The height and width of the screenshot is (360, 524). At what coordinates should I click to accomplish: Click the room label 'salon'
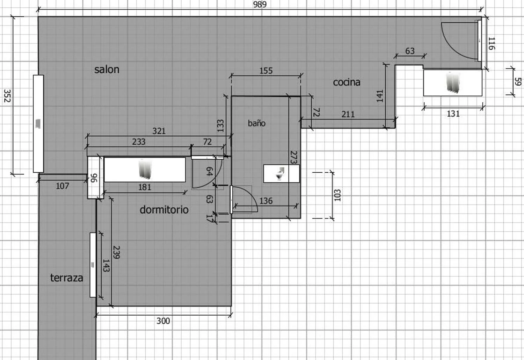(x=107, y=70)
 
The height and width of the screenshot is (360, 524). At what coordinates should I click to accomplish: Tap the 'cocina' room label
(x=347, y=82)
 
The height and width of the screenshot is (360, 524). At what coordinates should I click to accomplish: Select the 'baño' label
(x=257, y=123)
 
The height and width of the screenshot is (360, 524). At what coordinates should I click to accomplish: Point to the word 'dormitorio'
(x=164, y=210)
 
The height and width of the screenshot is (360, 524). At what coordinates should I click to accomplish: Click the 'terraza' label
(x=67, y=278)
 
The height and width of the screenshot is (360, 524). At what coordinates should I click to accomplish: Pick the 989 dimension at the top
(x=260, y=5)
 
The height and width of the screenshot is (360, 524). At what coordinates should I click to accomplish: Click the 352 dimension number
(x=7, y=95)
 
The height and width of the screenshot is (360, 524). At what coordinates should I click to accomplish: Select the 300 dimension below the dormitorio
(x=163, y=321)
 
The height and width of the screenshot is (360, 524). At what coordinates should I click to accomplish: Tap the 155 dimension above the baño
(x=266, y=71)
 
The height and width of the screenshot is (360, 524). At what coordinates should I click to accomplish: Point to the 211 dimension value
(x=348, y=114)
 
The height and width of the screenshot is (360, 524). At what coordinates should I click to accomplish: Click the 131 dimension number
(x=453, y=114)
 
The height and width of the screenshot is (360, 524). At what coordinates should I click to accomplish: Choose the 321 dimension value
(x=159, y=131)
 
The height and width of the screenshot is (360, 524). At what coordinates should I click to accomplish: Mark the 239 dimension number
(x=116, y=252)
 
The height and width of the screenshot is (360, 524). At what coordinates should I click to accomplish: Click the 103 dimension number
(x=337, y=195)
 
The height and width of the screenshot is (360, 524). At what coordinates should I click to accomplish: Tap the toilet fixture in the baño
(x=280, y=173)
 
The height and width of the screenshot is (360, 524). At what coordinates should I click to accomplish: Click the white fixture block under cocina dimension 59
(x=453, y=82)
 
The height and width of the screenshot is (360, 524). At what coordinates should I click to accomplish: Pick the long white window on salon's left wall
(x=38, y=124)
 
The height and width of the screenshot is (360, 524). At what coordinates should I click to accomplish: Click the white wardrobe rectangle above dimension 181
(x=145, y=170)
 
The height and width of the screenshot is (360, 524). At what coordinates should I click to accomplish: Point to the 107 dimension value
(x=63, y=186)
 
